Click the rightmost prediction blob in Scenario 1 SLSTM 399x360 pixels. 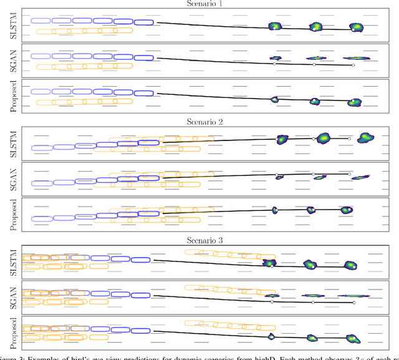coord(355,27)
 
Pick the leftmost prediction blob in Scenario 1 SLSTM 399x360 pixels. coord(274,26)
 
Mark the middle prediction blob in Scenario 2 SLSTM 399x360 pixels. coord(323,138)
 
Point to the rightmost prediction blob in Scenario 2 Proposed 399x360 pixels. coord(347,210)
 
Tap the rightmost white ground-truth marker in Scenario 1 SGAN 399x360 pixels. coord(353,65)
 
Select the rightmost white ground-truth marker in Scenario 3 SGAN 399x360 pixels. coord(353,303)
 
